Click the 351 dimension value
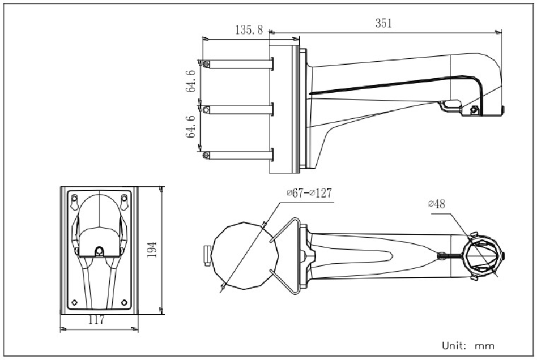[x=383, y=23]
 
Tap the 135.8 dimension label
[x=249, y=30]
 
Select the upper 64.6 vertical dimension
[x=191, y=81]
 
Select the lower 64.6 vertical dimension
[x=191, y=127]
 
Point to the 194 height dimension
[x=152, y=250]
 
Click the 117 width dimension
[x=96, y=320]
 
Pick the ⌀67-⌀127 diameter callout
[x=309, y=193]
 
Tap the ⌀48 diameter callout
[x=437, y=204]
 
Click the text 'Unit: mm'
[x=468, y=345]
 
